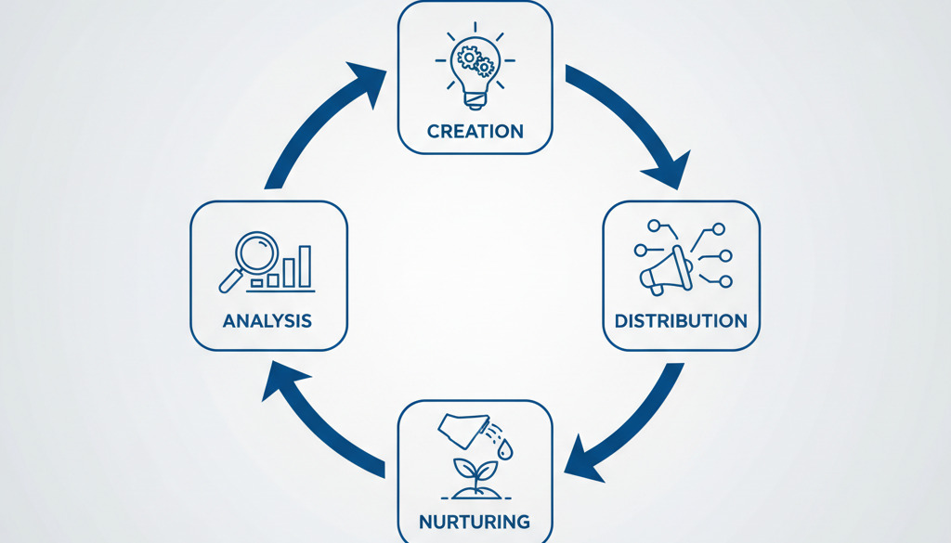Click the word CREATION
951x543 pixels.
tap(475, 132)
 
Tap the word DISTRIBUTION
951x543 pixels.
tap(681, 320)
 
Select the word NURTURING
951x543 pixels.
tap(475, 522)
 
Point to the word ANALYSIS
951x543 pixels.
tap(267, 320)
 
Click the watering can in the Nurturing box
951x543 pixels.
tap(464, 429)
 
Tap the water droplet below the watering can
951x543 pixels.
tap(505, 449)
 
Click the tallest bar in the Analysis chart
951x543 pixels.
tap(305, 266)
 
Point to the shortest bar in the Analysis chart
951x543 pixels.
tap(257, 283)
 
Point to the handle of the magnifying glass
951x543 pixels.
tap(230, 281)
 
